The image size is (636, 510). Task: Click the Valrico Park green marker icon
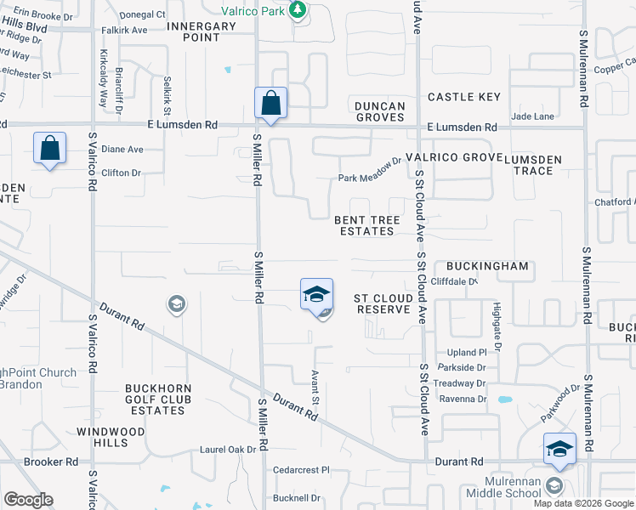point(297,9)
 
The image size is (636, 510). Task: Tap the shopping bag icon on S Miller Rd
point(270,105)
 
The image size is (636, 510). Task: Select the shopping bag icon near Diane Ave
point(49,149)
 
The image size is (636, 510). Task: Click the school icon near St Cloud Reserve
point(316,295)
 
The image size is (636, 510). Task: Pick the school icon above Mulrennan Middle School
point(559,450)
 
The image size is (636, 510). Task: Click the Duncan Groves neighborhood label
point(379,111)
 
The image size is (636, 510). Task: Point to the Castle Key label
point(464,97)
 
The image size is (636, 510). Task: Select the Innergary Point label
point(202,31)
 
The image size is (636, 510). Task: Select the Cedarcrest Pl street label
point(300,469)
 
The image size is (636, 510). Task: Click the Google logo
point(28,500)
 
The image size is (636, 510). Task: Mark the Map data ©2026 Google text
point(583,503)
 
